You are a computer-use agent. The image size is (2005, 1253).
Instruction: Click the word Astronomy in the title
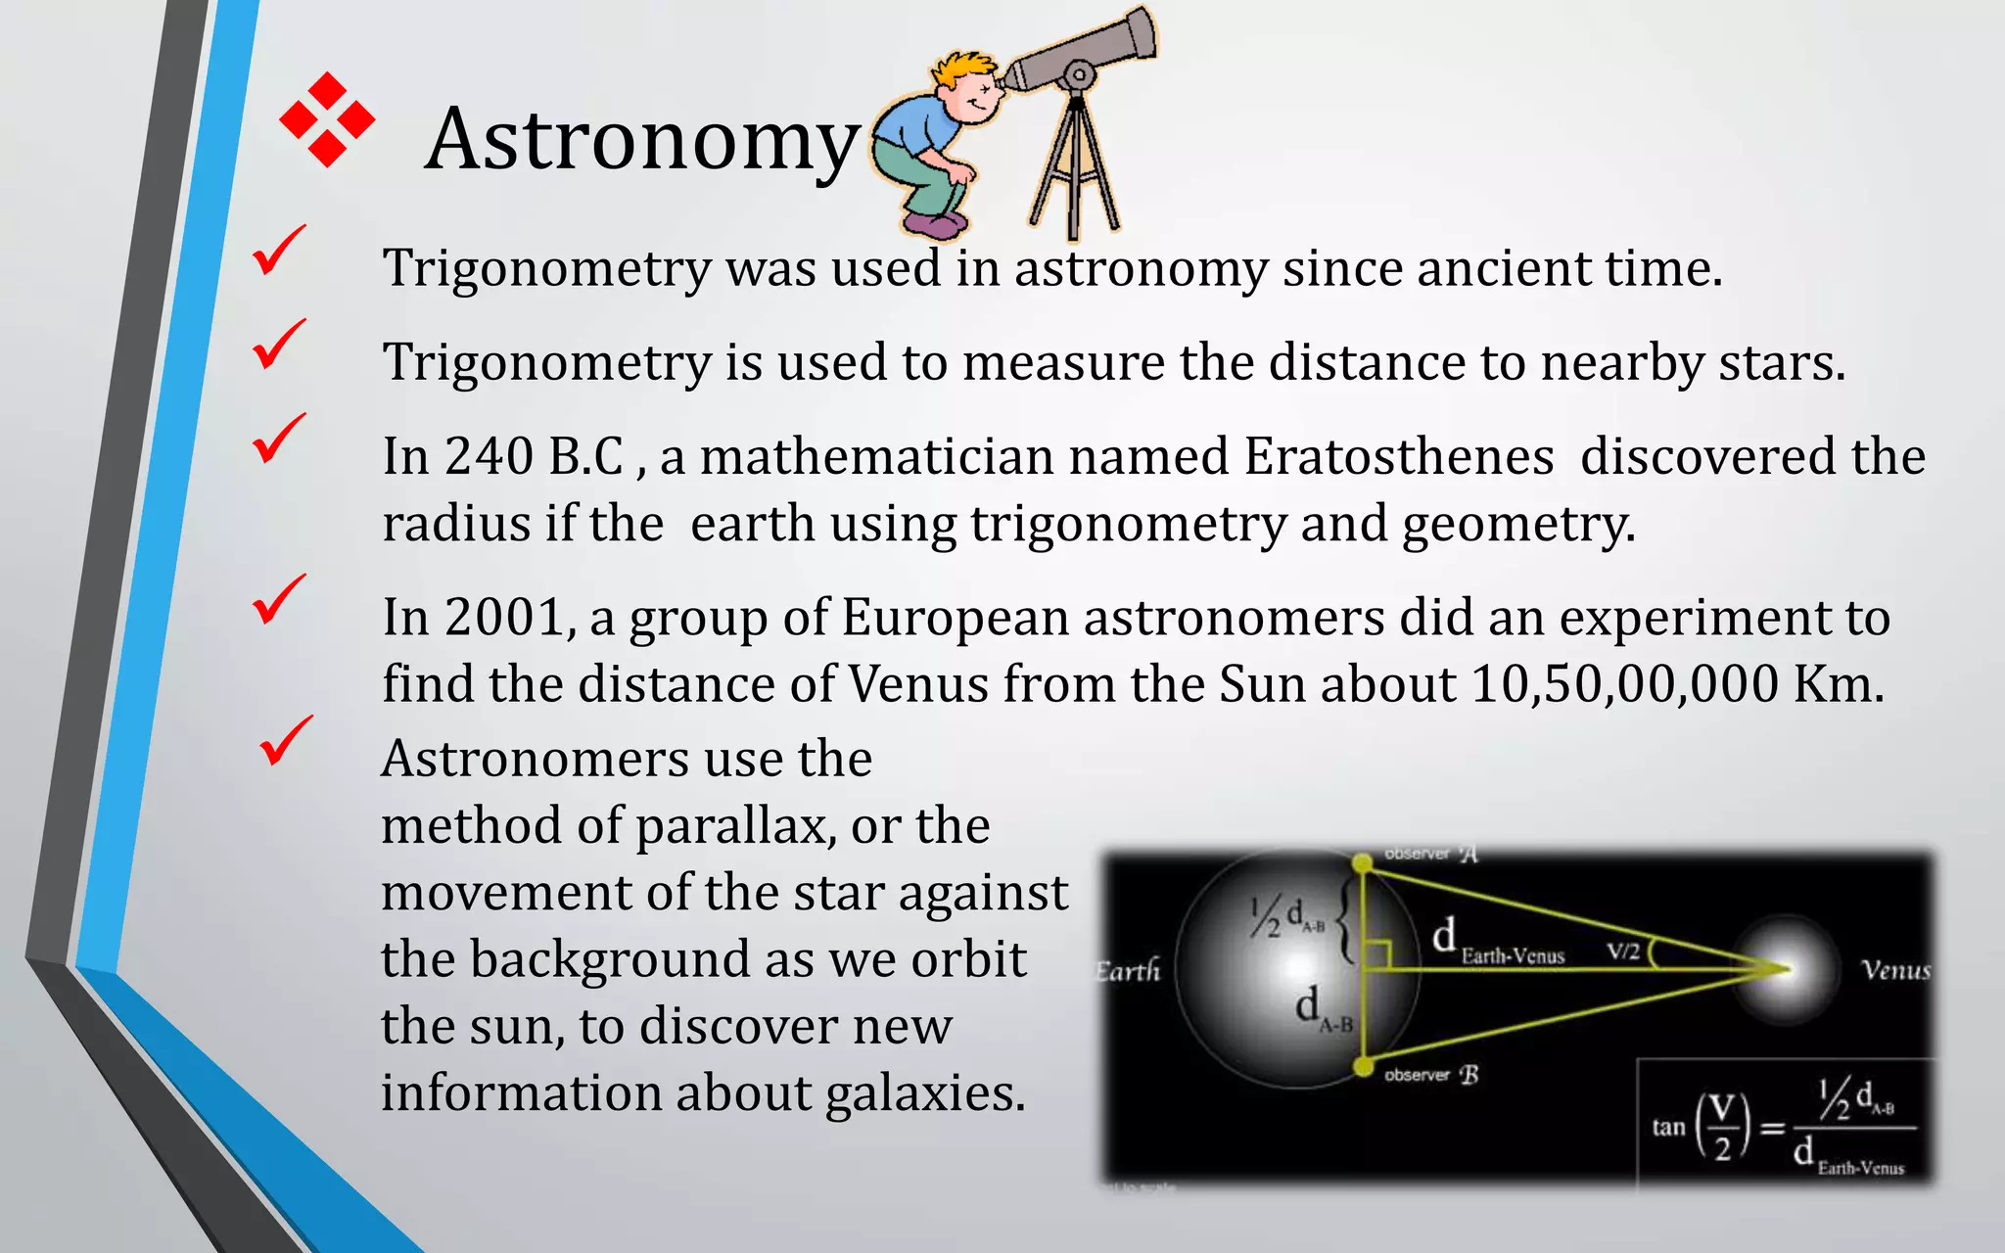641,140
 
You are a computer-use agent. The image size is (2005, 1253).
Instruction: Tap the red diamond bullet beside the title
327,119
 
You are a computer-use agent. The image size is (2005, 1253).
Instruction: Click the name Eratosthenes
1399,456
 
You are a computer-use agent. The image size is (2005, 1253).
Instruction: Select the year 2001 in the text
504,618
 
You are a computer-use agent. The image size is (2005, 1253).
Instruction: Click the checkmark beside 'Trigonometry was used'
279,250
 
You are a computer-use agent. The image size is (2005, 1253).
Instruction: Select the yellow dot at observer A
1362,863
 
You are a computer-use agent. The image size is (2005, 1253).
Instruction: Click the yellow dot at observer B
1363,1066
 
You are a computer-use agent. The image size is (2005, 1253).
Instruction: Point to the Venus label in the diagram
1895,970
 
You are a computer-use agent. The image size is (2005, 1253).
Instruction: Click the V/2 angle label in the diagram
1623,951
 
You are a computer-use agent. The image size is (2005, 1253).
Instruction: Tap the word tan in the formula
1668,1128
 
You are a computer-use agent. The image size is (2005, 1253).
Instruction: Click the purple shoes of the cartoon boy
932,226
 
